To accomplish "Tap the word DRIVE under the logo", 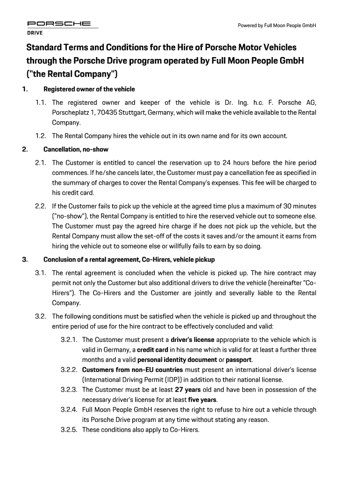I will point(34,33).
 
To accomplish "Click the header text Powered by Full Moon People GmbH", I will point(277,25).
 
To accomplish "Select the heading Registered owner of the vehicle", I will point(89,89).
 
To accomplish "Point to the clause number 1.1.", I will point(41,102).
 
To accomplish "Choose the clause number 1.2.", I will point(41,136).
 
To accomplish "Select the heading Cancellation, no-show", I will point(76,150).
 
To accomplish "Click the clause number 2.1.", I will point(41,163).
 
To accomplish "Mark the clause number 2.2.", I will point(41,206).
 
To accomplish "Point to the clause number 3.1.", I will point(41,273).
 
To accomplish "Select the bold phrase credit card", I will point(152,350).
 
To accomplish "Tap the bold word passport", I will point(239,360).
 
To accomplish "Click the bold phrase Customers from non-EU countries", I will point(132,370).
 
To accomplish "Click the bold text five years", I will point(202,399).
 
